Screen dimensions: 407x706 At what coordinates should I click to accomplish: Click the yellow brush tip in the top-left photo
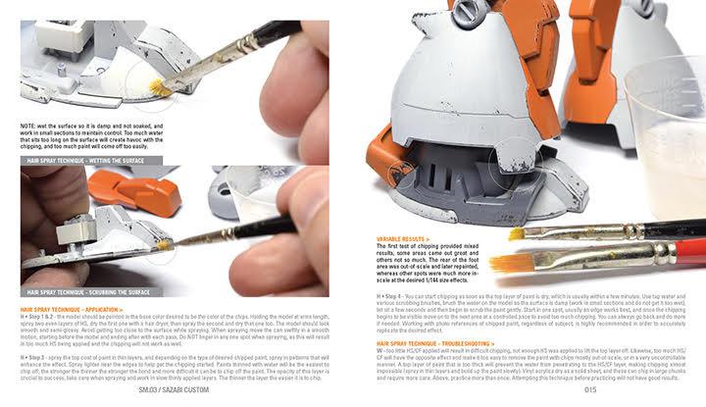coord(158,89)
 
